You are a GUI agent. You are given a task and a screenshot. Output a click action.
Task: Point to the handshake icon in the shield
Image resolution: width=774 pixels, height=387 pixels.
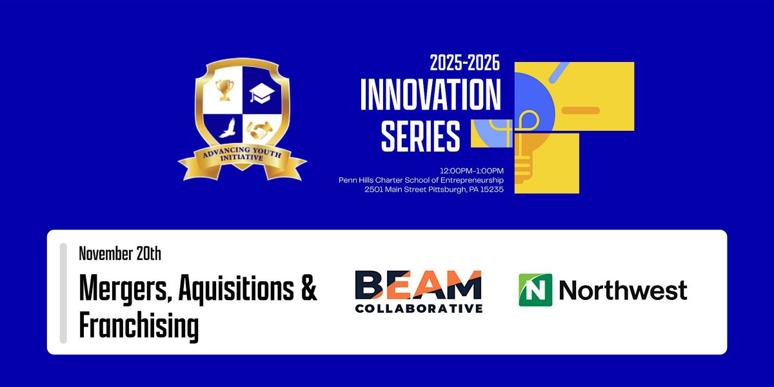click(x=264, y=130)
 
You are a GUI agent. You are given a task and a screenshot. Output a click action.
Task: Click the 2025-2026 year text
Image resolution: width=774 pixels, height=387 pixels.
click(x=465, y=65)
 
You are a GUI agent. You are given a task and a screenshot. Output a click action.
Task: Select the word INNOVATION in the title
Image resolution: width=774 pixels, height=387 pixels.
click(x=430, y=95)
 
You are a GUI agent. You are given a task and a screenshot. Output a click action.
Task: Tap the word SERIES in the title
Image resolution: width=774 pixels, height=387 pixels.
click(x=421, y=136)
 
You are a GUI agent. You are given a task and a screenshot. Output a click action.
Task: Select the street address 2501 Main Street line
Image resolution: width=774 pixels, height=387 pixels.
click(x=434, y=190)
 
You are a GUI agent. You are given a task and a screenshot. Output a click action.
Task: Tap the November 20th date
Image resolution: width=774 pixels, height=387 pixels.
click(x=120, y=253)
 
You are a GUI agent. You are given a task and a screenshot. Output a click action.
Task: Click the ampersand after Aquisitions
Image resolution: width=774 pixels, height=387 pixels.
click(x=309, y=290)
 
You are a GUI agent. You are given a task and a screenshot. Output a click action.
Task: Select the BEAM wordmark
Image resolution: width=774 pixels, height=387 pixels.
click(x=418, y=285)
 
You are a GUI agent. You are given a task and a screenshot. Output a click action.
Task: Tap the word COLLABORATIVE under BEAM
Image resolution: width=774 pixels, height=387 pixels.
click(x=418, y=308)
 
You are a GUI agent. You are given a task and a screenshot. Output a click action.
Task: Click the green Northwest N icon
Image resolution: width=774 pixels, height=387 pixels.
click(x=535, y=290)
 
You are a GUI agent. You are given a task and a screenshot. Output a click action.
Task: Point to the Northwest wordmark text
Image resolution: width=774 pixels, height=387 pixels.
click(x=622, y=290)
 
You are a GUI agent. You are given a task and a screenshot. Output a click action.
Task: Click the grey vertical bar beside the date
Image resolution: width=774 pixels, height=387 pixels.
click(x=63, y=293)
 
